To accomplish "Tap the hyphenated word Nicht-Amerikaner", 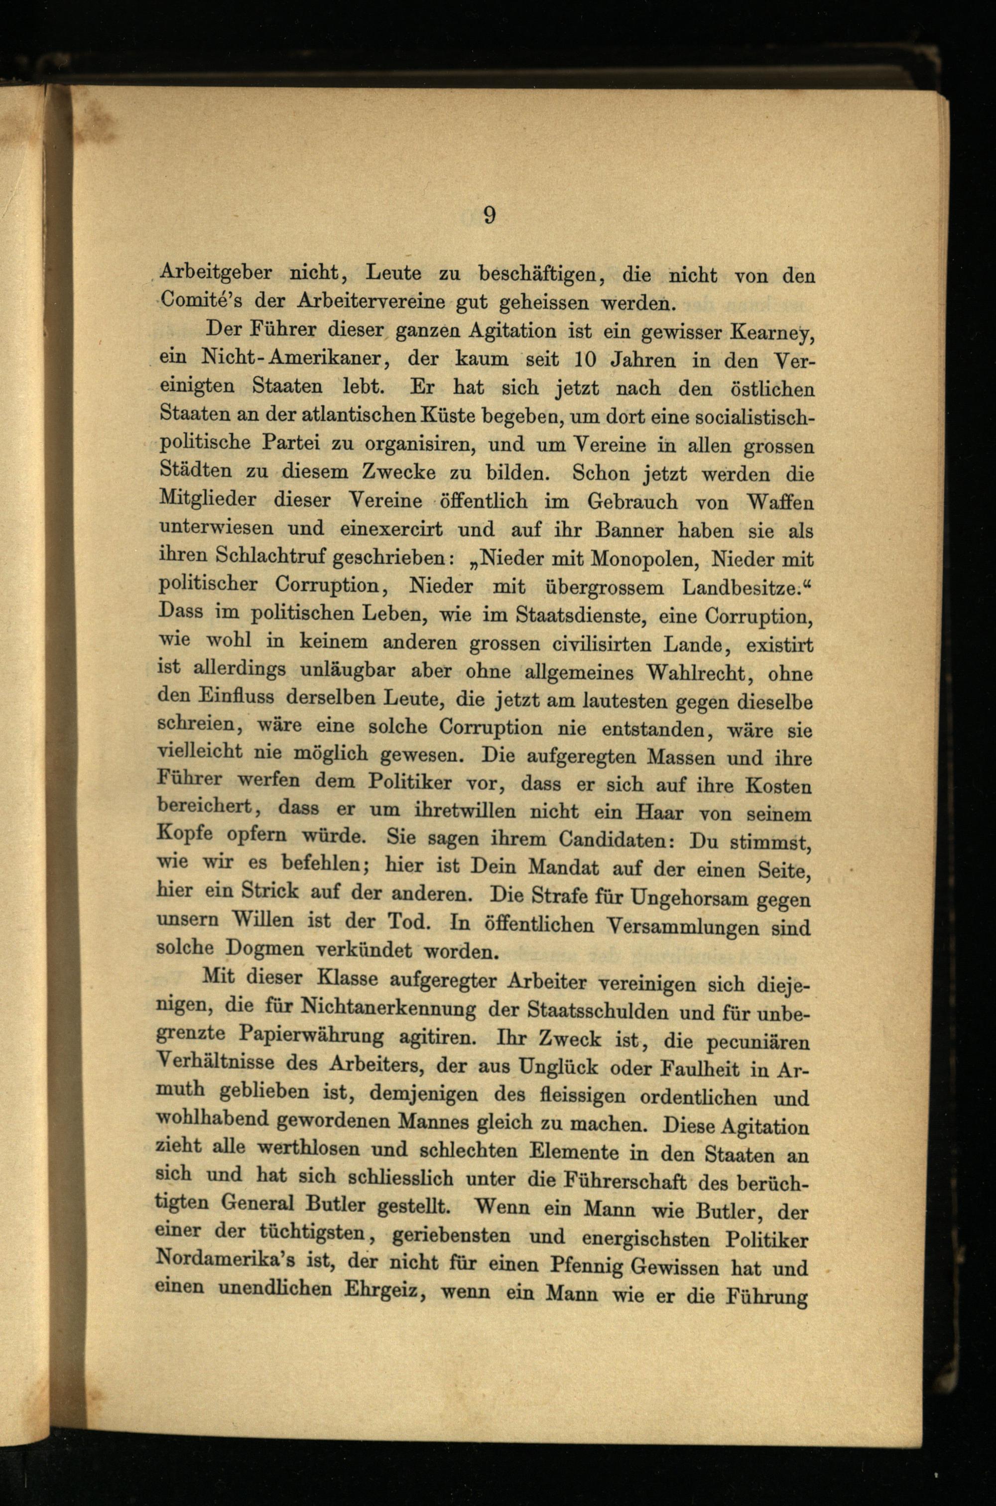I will coord(291,358).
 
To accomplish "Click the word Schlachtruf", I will coord(270,555).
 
